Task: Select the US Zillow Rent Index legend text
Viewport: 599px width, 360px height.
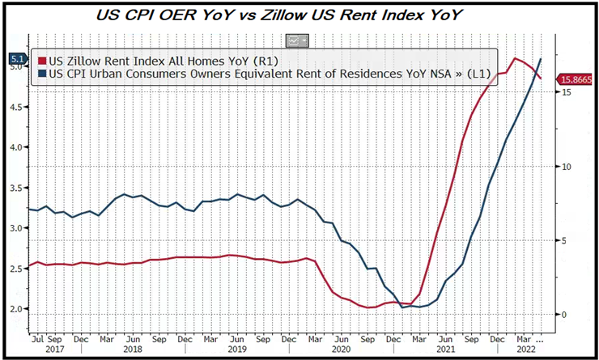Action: point(151,59)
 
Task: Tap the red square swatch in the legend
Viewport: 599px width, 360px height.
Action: point(43,59)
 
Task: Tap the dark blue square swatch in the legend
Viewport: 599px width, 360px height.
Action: point(43,73)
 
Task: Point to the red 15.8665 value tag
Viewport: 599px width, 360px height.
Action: point(576,78)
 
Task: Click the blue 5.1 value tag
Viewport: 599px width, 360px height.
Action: point(16,58)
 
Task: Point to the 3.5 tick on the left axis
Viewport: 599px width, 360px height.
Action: point(16,188)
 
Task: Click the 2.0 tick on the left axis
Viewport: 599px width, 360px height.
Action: point(16,309)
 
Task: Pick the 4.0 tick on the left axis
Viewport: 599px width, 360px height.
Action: point(16,148)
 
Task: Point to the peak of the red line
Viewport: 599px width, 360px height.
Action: point(515,58)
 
